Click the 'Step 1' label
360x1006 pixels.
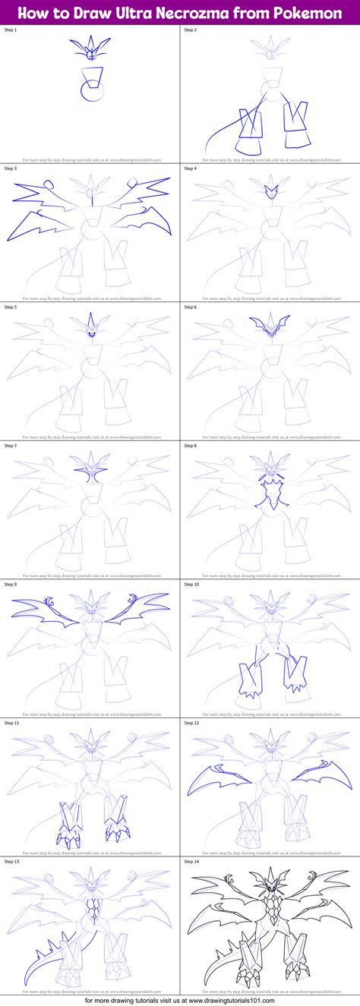[x=12, y=30]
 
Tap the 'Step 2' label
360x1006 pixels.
[x=191, y=30]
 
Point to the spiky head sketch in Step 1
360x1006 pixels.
[x=90, y=49]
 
